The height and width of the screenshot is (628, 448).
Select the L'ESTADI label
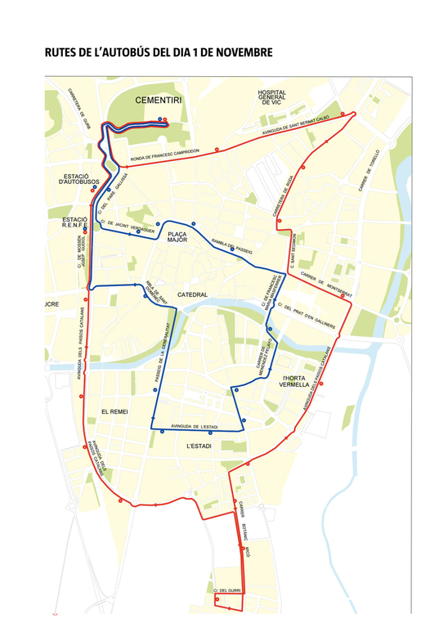coord(199,446)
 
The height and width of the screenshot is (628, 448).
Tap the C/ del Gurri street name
coord(225,590)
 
